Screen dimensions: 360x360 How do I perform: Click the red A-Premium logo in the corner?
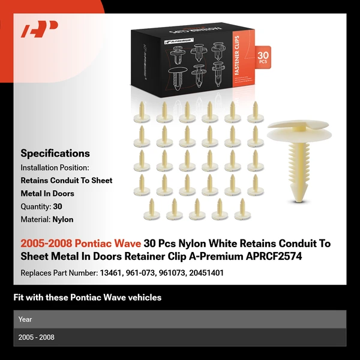39,29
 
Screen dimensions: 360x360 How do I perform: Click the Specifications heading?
55,154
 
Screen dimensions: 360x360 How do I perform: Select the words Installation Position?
55,167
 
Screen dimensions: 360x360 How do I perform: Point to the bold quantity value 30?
58,206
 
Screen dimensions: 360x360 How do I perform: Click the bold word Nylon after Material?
63,220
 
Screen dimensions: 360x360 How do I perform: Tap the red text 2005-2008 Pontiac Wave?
81,244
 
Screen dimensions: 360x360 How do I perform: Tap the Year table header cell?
25,319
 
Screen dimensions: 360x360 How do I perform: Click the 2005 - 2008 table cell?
37,337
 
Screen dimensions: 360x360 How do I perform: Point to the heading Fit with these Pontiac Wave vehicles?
88,298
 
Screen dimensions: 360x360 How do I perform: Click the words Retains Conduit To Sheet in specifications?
67,181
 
